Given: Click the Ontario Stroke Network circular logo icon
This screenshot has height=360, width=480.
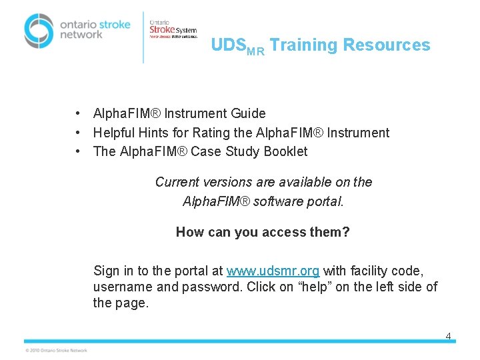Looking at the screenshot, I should point(38,31).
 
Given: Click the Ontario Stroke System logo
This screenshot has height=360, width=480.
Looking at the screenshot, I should point(173,29).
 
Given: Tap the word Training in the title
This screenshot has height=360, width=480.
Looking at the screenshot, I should point(303,45).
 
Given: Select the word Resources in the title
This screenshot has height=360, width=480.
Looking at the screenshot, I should point(387,45).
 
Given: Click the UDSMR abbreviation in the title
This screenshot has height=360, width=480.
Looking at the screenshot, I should point(237,46).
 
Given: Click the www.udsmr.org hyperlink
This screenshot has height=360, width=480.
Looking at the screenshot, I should point(273,271).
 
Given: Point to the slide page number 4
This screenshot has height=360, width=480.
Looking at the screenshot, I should point(448,336).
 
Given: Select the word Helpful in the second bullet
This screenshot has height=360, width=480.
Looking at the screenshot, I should point(115,133).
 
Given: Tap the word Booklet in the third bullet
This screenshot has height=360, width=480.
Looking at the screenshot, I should point(285,151).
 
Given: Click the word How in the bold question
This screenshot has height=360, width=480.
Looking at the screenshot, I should point(189,232).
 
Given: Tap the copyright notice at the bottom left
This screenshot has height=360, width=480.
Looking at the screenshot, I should point(56,350).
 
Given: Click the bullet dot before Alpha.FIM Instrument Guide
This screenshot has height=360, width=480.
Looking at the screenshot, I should point(79,114).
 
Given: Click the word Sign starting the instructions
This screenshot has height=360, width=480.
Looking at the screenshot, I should point(107,271).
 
